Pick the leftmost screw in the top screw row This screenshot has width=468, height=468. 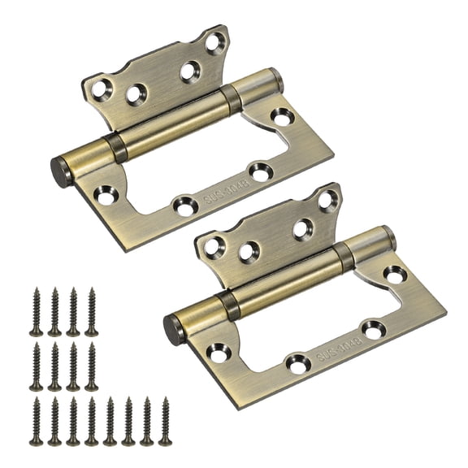click(37, 312)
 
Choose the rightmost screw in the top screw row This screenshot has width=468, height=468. click(91, 312)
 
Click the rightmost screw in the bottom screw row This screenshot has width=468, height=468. click(165, 420)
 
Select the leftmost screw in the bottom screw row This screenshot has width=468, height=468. click(37, 420)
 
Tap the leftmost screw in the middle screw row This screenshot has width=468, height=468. click(37, 366)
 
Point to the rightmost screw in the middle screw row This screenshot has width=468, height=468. click(91, 366)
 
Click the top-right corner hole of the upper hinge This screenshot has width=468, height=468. click(215, 42)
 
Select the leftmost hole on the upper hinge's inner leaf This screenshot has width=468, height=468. click(101, 89)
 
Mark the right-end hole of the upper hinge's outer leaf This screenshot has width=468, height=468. click(282, 118)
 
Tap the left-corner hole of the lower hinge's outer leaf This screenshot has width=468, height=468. click(219, 352)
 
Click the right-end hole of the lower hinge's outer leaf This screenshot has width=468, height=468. click(395, 275)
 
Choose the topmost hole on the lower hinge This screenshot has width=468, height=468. click(327, 199)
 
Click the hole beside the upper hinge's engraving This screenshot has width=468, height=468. click(260, 171)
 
